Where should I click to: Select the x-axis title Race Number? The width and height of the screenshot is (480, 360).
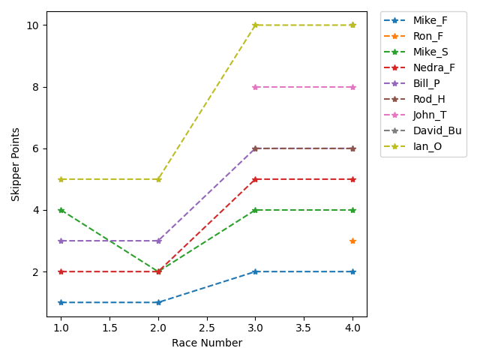click(x=207, y=343)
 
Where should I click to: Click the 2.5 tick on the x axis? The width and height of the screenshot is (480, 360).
click(x=207, y=328)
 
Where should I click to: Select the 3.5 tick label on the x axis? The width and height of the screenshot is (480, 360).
click(x=304, y=328)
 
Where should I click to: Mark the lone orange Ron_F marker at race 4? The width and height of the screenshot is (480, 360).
click(x=352, y=241)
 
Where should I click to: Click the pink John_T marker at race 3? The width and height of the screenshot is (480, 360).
click(x=256, y=87)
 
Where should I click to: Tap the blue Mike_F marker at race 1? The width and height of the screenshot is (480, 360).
click(x=61, y=302)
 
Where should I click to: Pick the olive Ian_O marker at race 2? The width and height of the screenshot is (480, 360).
click(x=158, y=179)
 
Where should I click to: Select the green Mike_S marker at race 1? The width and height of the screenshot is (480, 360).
click(x=61, y=210)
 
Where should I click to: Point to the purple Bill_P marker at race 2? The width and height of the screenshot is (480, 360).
click(x=158, y=241)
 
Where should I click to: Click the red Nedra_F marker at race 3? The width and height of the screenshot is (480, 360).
click(x=256, y=179)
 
